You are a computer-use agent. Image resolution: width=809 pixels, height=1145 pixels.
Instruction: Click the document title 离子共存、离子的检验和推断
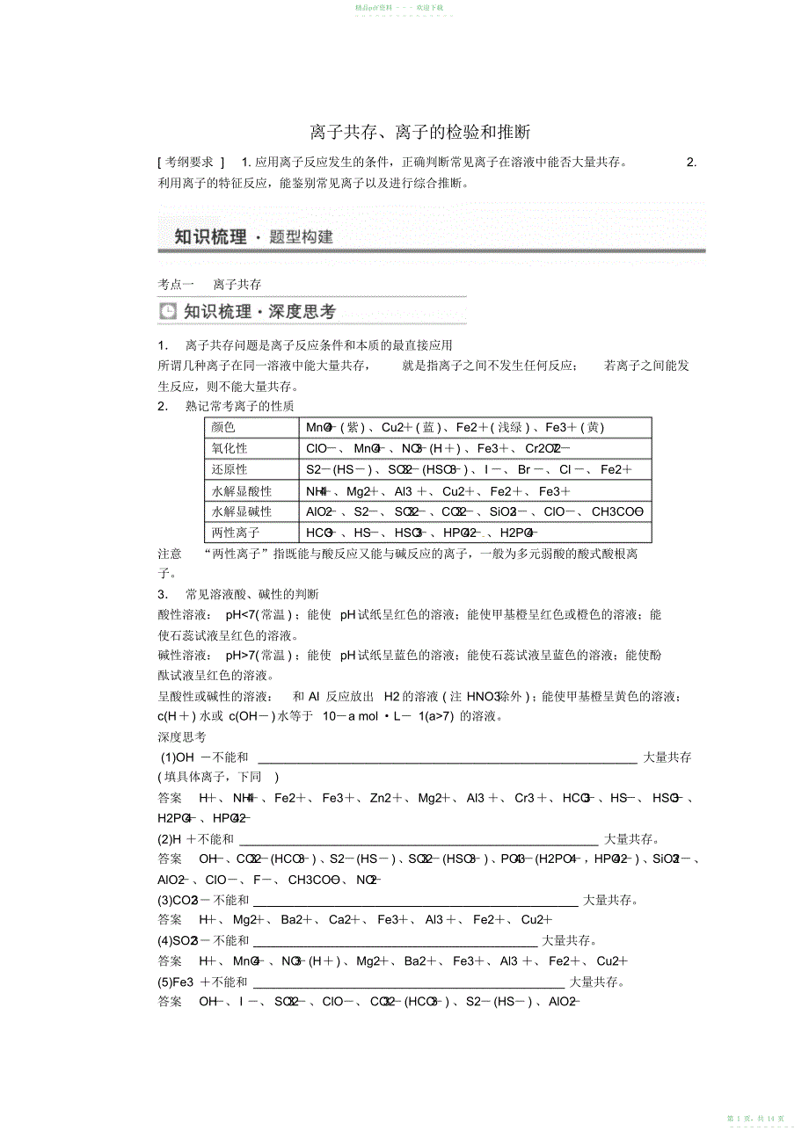pos(419,133)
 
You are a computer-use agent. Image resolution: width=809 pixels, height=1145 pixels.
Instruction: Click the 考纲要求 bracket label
pos(191,162)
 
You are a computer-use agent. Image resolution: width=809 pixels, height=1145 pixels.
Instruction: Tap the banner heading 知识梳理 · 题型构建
pos(253,236)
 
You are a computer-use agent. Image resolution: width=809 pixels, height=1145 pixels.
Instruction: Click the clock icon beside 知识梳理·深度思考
pos(168,312)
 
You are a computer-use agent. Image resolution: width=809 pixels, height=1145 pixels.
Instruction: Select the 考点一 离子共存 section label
pos(209,284)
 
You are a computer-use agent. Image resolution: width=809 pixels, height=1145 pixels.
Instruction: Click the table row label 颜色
pos(224,427)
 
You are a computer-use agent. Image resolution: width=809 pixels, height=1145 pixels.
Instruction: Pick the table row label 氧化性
pos(230,448)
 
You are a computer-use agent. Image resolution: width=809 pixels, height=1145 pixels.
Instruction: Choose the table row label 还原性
pos(230,469)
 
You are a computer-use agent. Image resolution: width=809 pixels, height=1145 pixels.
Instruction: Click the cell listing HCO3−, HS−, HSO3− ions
pos(422,533)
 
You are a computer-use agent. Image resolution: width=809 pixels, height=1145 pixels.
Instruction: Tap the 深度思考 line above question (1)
pos(182,736)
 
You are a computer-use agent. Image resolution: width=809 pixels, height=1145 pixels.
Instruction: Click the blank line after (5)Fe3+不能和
pos(408,982)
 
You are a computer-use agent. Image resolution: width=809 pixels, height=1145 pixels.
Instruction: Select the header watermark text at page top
pos(398,7)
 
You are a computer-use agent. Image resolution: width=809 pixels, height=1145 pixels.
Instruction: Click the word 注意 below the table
pos(170,554)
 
